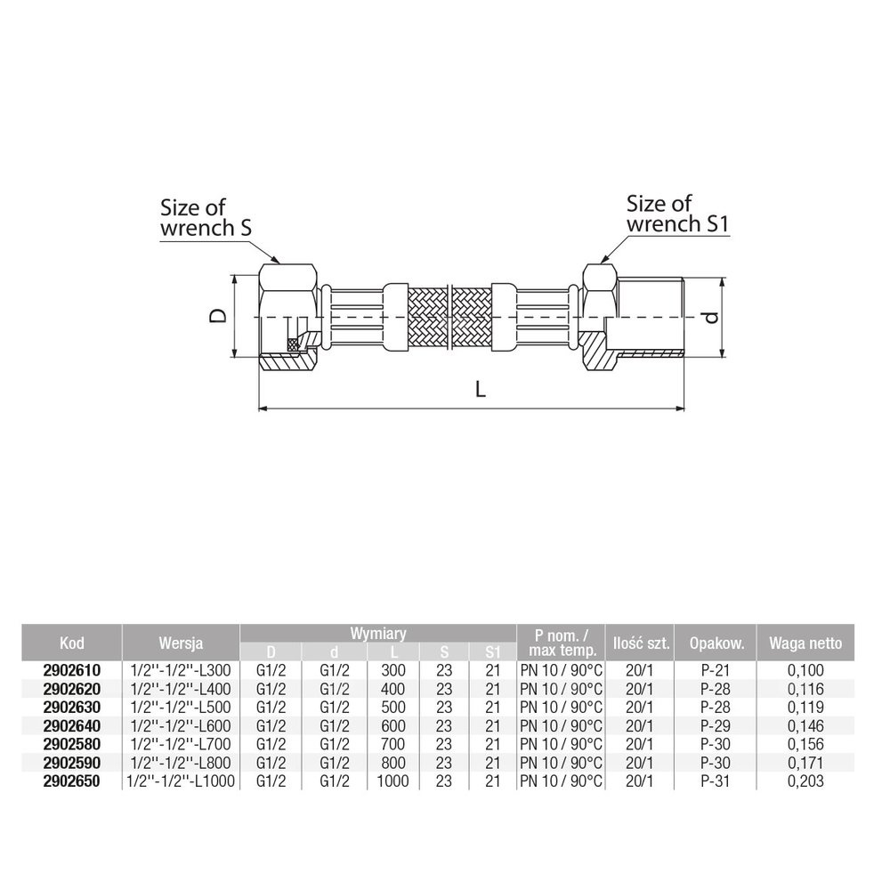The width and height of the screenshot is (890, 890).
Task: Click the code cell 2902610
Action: tap(71, 670)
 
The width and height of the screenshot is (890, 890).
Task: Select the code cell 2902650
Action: tap(71, 781)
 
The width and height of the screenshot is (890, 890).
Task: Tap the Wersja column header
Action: tap(181, 643)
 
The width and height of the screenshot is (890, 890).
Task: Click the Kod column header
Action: tap(71, 643)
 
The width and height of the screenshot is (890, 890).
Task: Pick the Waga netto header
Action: tap(805, 643)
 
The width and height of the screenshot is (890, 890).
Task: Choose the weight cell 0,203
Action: tap(805, 781)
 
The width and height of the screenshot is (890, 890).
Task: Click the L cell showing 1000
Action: tap(392, 781)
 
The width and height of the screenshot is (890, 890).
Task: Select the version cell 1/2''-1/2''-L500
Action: tap(181, 708)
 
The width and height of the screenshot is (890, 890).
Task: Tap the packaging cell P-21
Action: tap(716, 670)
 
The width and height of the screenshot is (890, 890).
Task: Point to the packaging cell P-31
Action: tap(716, 781)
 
